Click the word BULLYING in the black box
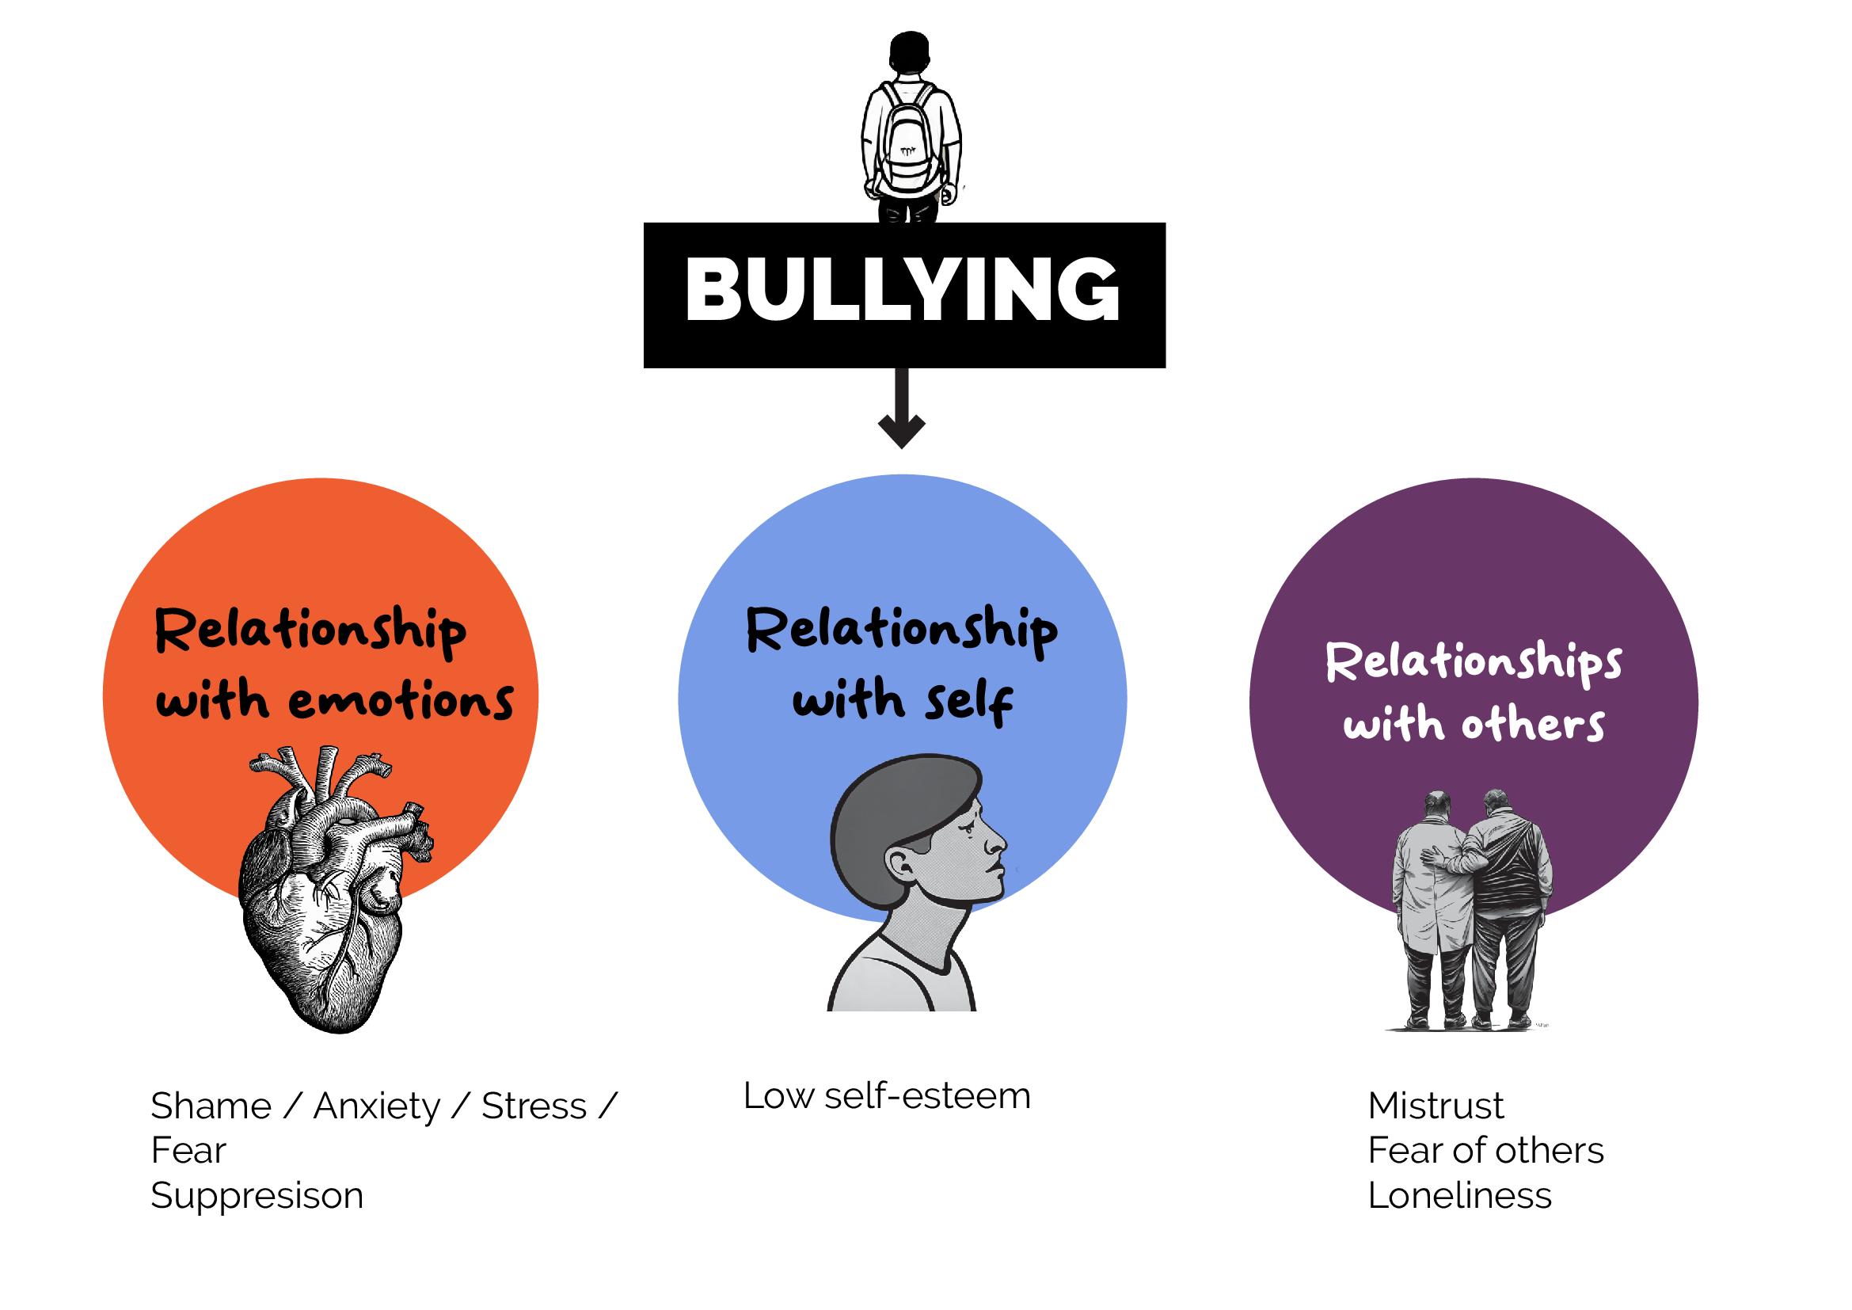coord(903,291)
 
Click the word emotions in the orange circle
coord(401,700)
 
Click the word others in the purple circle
coord(1533,724)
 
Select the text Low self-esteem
coord(887,1096)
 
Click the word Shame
coord(211,1106)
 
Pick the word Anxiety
coord(377,1106)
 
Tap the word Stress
coord(534,1106)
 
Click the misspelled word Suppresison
coord(257,1195)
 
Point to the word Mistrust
coord(1436,1106)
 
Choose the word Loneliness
coord(1459,1195)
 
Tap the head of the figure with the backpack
coord(910,53)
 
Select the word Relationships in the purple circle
coord(1473,662)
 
